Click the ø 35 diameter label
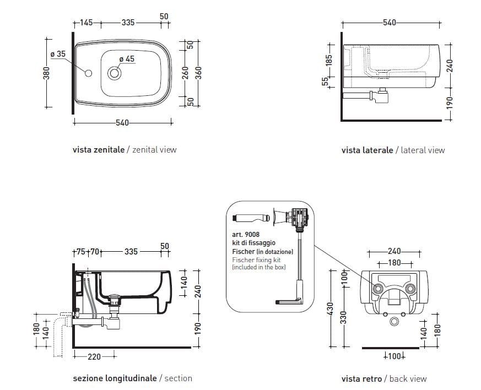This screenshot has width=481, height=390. coord(57,54)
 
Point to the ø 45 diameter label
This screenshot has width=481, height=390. coord(126,59)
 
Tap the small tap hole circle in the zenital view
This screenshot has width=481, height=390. coord(88,72)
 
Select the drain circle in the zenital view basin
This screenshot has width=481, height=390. coord(115,72)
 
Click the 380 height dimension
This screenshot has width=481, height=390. coord(47,73)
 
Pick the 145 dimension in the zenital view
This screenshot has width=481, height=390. coord(86,23)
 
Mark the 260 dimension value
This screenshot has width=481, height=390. coord(186,72)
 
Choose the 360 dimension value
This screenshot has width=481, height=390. coord(199,72)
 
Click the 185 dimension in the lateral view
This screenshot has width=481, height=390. coord(329,59)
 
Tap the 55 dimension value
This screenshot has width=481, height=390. coord(325,81)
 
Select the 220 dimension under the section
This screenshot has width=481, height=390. coord(94,356)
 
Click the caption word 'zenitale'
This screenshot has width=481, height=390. coord(109,149)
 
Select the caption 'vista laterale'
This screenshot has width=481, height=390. coord(367,150)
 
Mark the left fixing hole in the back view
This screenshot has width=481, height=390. coord(378,289)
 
